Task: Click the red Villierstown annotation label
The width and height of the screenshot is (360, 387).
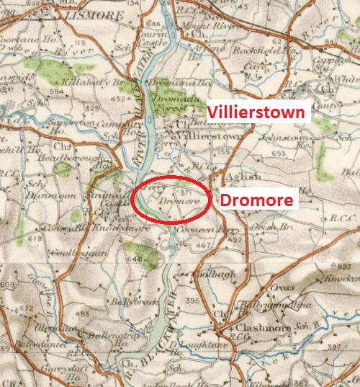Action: point(257,112)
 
